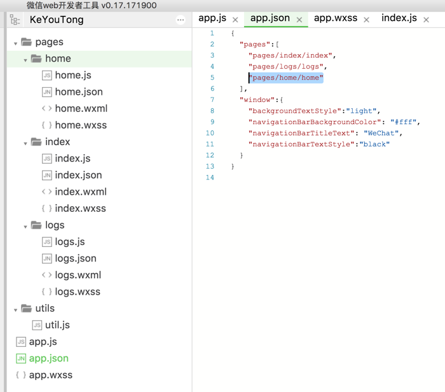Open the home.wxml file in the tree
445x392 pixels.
tap(81, 109)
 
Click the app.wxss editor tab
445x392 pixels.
tap(336, 18)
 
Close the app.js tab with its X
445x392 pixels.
tap(235, 20)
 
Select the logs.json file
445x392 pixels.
tap(76, 258)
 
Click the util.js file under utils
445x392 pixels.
tap(57, 325)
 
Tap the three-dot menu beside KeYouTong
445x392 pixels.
tap(181, 20)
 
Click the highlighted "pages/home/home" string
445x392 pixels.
tap(286, 78)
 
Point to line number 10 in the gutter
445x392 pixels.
tap(210, 133)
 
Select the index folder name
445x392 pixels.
tap(58, 142)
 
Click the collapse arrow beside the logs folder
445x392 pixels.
tap(25, 227)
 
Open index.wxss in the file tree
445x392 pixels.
tap(80, 209)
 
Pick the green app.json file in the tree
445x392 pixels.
tap(48, 358)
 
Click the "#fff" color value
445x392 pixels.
tap(403, 122)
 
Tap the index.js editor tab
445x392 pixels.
tap(399, 18)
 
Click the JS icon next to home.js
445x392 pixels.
tap(47, 75)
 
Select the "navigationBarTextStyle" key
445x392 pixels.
tap(302, 144)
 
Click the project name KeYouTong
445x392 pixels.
tap(57, 20)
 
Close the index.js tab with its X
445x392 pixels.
tap(427, 20)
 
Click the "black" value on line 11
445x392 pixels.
tap(374, 144)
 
